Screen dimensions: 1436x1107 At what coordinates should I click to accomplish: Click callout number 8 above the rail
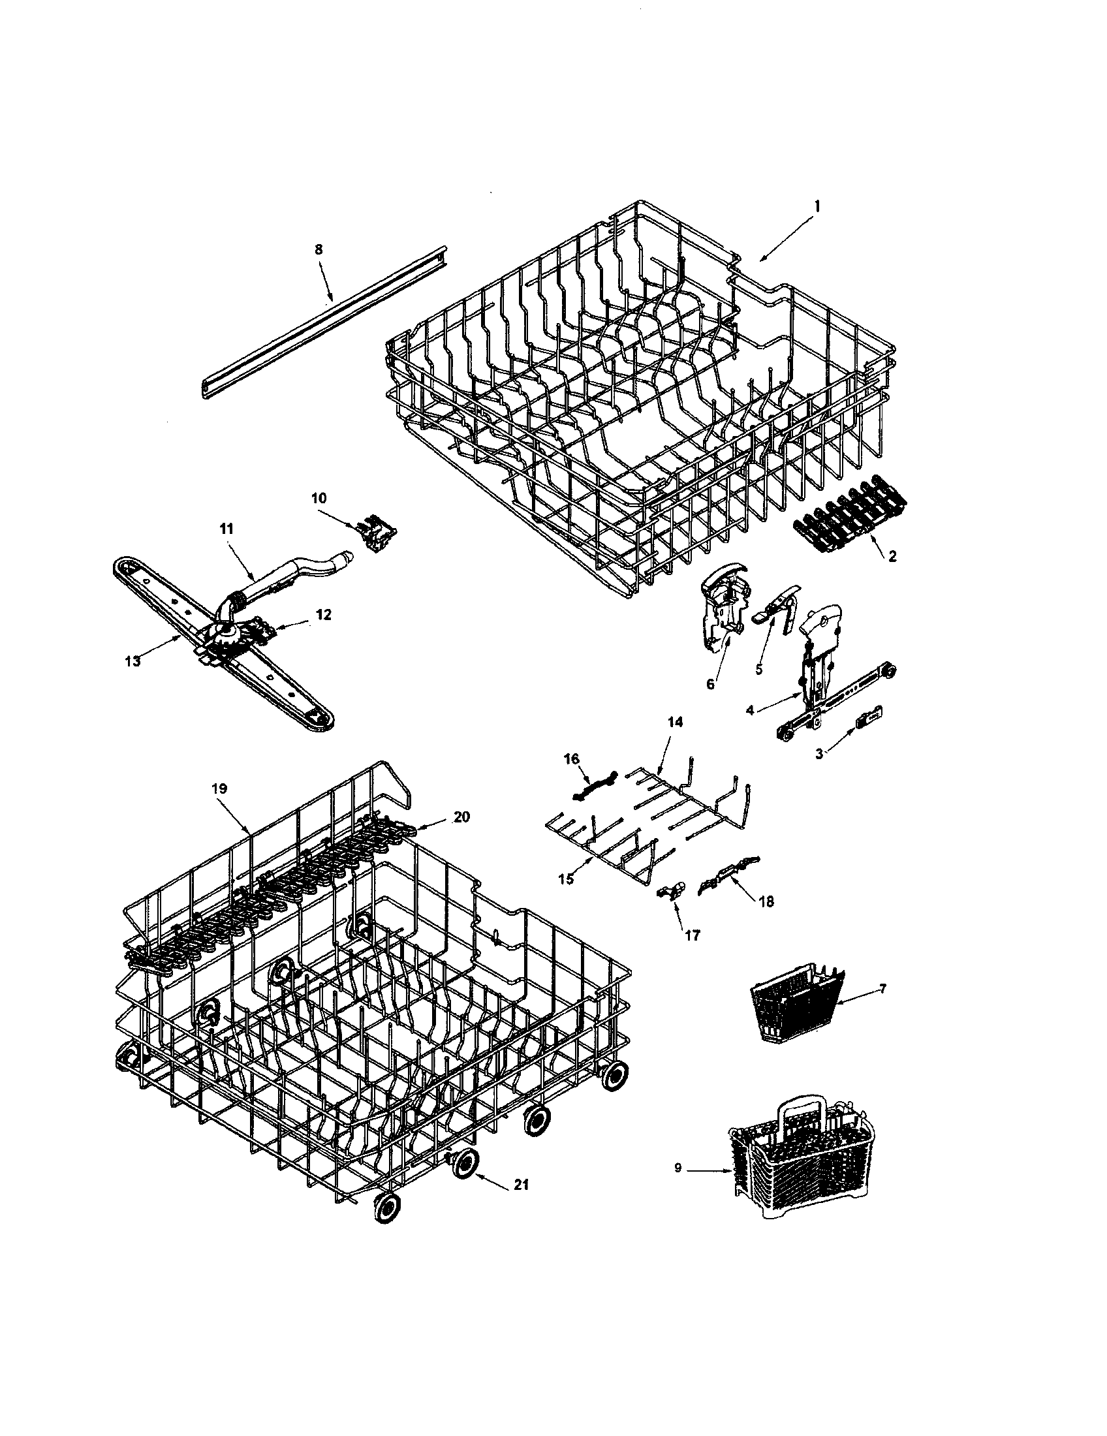tap(319, 250)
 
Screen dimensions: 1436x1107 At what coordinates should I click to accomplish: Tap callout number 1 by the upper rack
tap(817, 206)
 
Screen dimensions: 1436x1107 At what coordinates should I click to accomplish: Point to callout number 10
tap(318, 498)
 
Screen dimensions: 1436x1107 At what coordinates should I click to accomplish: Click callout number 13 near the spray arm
tap(133, 661)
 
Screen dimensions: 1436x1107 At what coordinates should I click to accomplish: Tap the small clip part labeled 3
tap(868, 719)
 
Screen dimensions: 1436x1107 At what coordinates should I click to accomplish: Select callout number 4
tap(750, 710)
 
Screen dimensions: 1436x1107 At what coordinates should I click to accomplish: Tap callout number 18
tap(766, 902)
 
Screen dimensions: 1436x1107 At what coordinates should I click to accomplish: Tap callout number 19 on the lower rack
tap(219, 788)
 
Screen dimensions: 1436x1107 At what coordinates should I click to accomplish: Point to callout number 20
tap(462, 817)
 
